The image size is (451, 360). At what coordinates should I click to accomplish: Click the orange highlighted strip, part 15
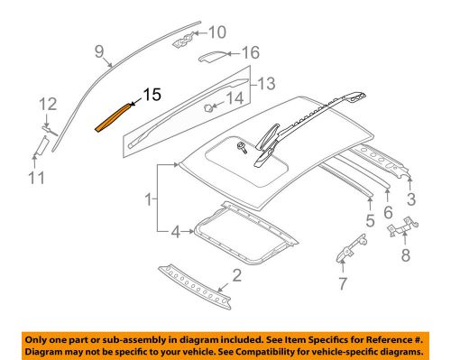(114, 117)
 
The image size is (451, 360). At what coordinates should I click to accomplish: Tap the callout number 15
(152, 95)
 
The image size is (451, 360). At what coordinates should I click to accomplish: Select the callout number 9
(99, 51)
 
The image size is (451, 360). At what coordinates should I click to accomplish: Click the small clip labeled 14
(207, 107)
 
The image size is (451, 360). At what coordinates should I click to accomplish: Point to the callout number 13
(266, 83)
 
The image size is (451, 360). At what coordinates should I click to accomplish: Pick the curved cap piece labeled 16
(212, 56)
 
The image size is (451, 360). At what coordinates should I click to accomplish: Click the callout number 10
(216, 32)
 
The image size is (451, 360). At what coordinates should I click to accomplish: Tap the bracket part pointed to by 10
(183, 41)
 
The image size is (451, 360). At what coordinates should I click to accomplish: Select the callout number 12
(48, 104)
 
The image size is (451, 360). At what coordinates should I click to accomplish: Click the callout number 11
(37, 177)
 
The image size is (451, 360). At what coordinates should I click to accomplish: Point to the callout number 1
(149, 199)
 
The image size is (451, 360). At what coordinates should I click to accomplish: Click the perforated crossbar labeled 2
(195, 287)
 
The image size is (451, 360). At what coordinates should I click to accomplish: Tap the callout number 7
(343, 283)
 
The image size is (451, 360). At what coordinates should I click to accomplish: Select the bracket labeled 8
(403, 226)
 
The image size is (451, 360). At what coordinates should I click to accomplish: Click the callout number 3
(411, 199)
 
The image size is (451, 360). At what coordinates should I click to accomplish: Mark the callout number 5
(370, 220)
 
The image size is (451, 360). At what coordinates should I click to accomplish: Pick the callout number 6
(388, 212)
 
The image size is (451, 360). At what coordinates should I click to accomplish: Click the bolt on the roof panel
(242, 148)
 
